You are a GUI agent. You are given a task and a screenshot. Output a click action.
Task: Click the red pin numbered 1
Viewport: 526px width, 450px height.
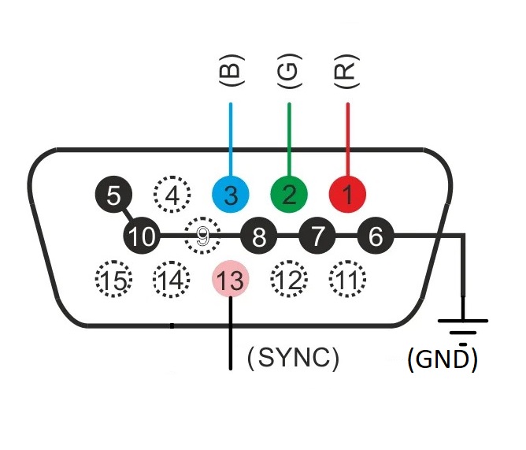pyautogui.click(x=347, y=193)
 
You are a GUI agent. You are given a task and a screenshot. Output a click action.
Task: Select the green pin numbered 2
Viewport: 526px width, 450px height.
pyautogui.click(x=289, y=193)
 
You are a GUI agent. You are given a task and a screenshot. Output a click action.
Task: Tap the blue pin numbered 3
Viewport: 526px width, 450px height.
pyautogui.click(x=231, y=193)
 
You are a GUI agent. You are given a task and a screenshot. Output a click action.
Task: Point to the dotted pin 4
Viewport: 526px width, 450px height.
pyautogui.click(x=172, y=193)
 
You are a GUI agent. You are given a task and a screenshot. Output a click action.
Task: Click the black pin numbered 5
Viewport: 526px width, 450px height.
pyautogui.click(x=113, y=193)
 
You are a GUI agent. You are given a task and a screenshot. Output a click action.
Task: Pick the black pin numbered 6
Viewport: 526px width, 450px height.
pyautogui.click(x=376, y=235)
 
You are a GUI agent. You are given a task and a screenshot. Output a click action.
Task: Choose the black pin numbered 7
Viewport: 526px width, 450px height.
pyautogui.click(x=317, y=235)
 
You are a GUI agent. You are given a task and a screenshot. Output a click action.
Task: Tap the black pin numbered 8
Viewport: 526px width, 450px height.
pyautogui.click(x=259, y=235)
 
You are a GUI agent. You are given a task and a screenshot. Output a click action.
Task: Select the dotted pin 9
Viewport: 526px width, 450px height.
pyautogui.click(x=202, y=235)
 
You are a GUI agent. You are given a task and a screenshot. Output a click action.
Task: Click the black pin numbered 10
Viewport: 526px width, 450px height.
pyautogui.click(x=143, y=235)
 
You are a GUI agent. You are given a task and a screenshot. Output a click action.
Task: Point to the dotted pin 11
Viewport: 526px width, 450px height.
pyautogui.click(x=347, y=278)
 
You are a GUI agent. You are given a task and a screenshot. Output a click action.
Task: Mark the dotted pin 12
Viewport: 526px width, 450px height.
pyautogui.click(x=289, y=278)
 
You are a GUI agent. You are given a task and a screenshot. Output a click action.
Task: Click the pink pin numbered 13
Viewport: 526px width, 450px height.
pyautogui.click(x=231, y=278)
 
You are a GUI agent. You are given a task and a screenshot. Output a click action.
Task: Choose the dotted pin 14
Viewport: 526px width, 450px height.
pyautogui.click(x=172, y=278)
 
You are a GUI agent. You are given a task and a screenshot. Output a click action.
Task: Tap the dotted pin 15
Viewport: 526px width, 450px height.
pyautogui.click(x=113, y=278)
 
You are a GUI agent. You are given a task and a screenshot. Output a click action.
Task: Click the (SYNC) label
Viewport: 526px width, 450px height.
pyautogui.click(x=293, y=359)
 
